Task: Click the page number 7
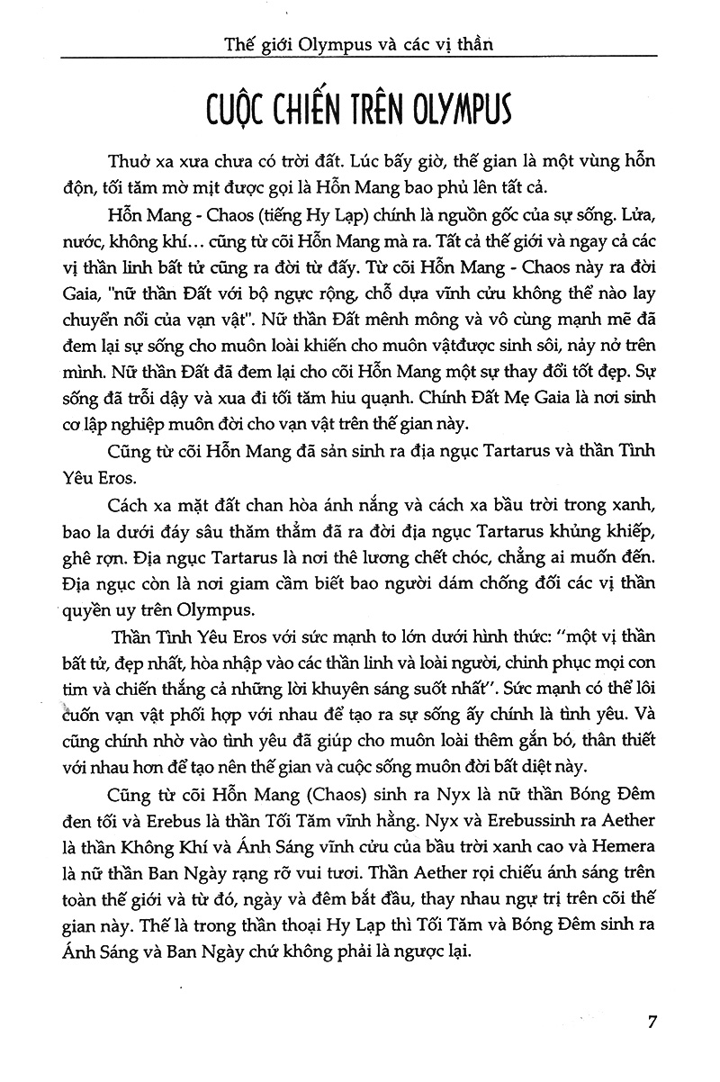(654, 1023)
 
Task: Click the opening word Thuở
(128, 164)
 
